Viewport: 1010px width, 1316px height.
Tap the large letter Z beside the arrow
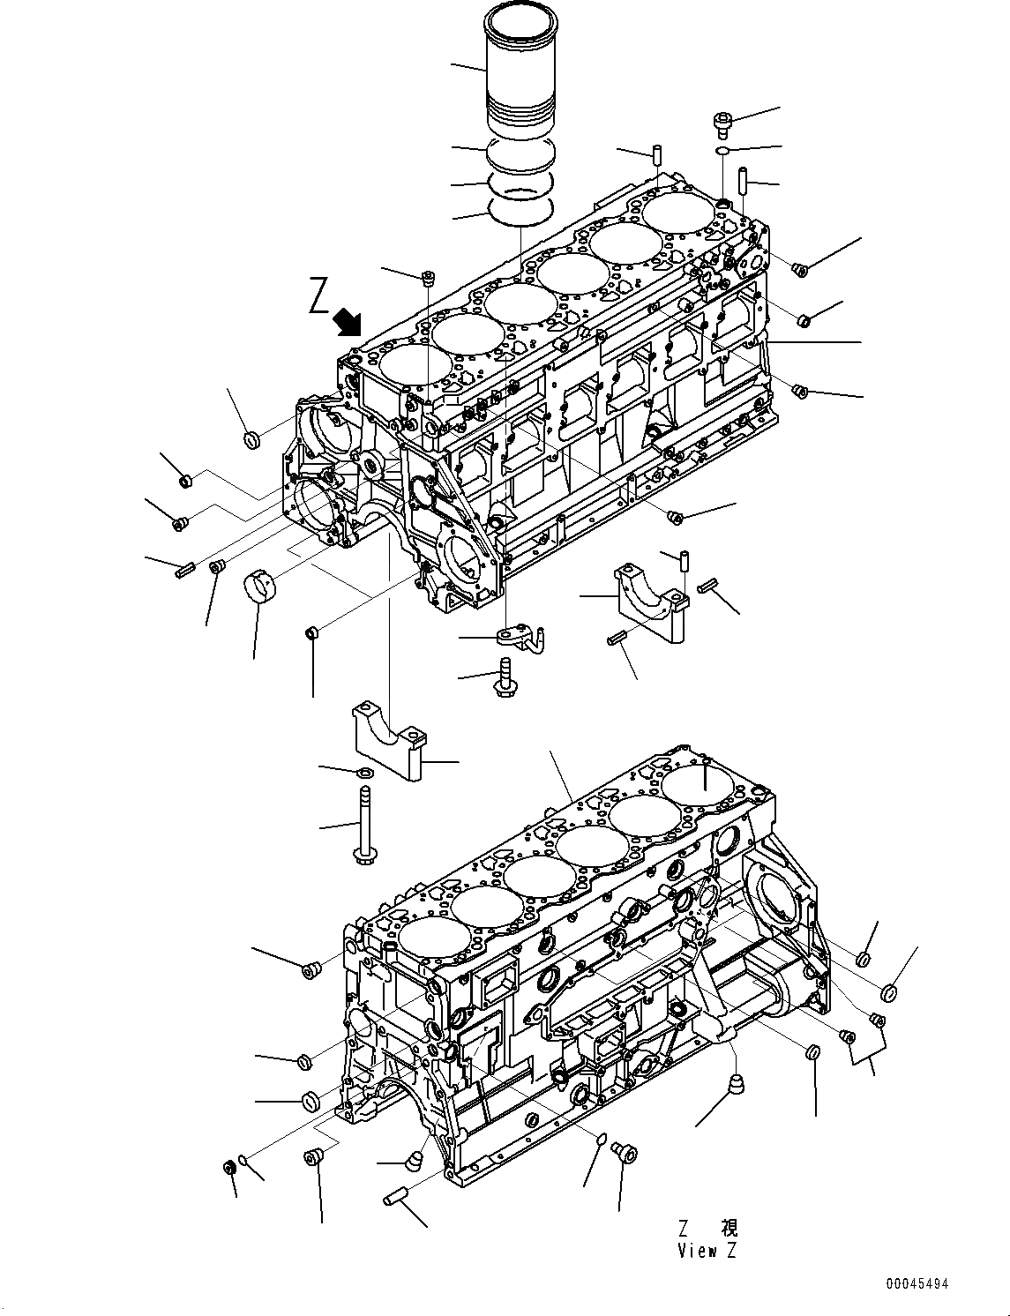point(319,296)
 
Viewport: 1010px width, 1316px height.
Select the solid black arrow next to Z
point(348,323)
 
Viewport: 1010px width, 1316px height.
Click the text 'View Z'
point(707,1250)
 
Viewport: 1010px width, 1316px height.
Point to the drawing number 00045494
point(918,1285)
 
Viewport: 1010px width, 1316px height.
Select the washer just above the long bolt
point(363,774)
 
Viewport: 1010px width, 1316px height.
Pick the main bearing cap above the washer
point(389,738)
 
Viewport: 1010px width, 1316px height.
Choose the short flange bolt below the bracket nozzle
point(506,676)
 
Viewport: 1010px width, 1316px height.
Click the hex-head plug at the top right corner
point(722,123)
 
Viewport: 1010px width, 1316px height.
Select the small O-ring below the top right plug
point(722,152)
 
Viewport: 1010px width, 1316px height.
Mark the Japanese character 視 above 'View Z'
point(729,1228)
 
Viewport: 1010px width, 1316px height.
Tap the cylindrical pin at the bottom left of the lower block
point(396,1197)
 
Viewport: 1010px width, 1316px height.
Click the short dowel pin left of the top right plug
point(658,153)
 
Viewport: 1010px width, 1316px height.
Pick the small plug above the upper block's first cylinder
point(429,280)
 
